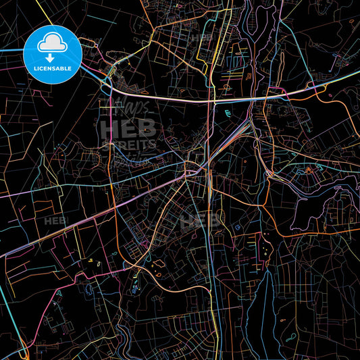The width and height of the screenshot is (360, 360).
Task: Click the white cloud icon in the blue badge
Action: pos(53,43)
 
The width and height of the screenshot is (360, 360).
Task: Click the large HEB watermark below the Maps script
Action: pos(128,128)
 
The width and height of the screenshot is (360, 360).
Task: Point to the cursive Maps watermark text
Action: pos(132,106)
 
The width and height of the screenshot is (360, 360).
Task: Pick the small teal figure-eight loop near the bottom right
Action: pos(292,336)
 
